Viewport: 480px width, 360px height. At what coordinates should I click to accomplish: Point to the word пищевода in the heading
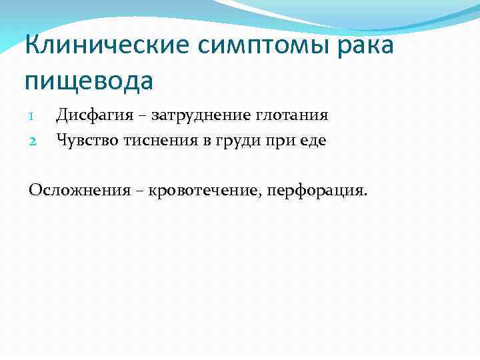click(x=89, y=81)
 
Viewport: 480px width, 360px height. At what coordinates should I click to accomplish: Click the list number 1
click(x=31, y=116)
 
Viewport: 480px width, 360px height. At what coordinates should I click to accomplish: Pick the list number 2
click(x=31, y=141)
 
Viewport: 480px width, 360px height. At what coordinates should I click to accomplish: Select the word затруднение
click(x=196, y=116)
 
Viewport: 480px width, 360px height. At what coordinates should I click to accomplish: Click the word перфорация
click(x=317, y=192)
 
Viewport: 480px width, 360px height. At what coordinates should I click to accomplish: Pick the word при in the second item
click(x=280, y=141)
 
